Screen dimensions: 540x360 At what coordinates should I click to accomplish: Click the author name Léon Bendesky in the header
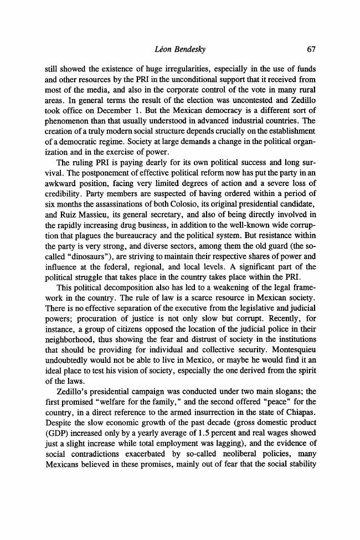pos(179,49)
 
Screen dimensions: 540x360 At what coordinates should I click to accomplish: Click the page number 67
pos(311,49)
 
